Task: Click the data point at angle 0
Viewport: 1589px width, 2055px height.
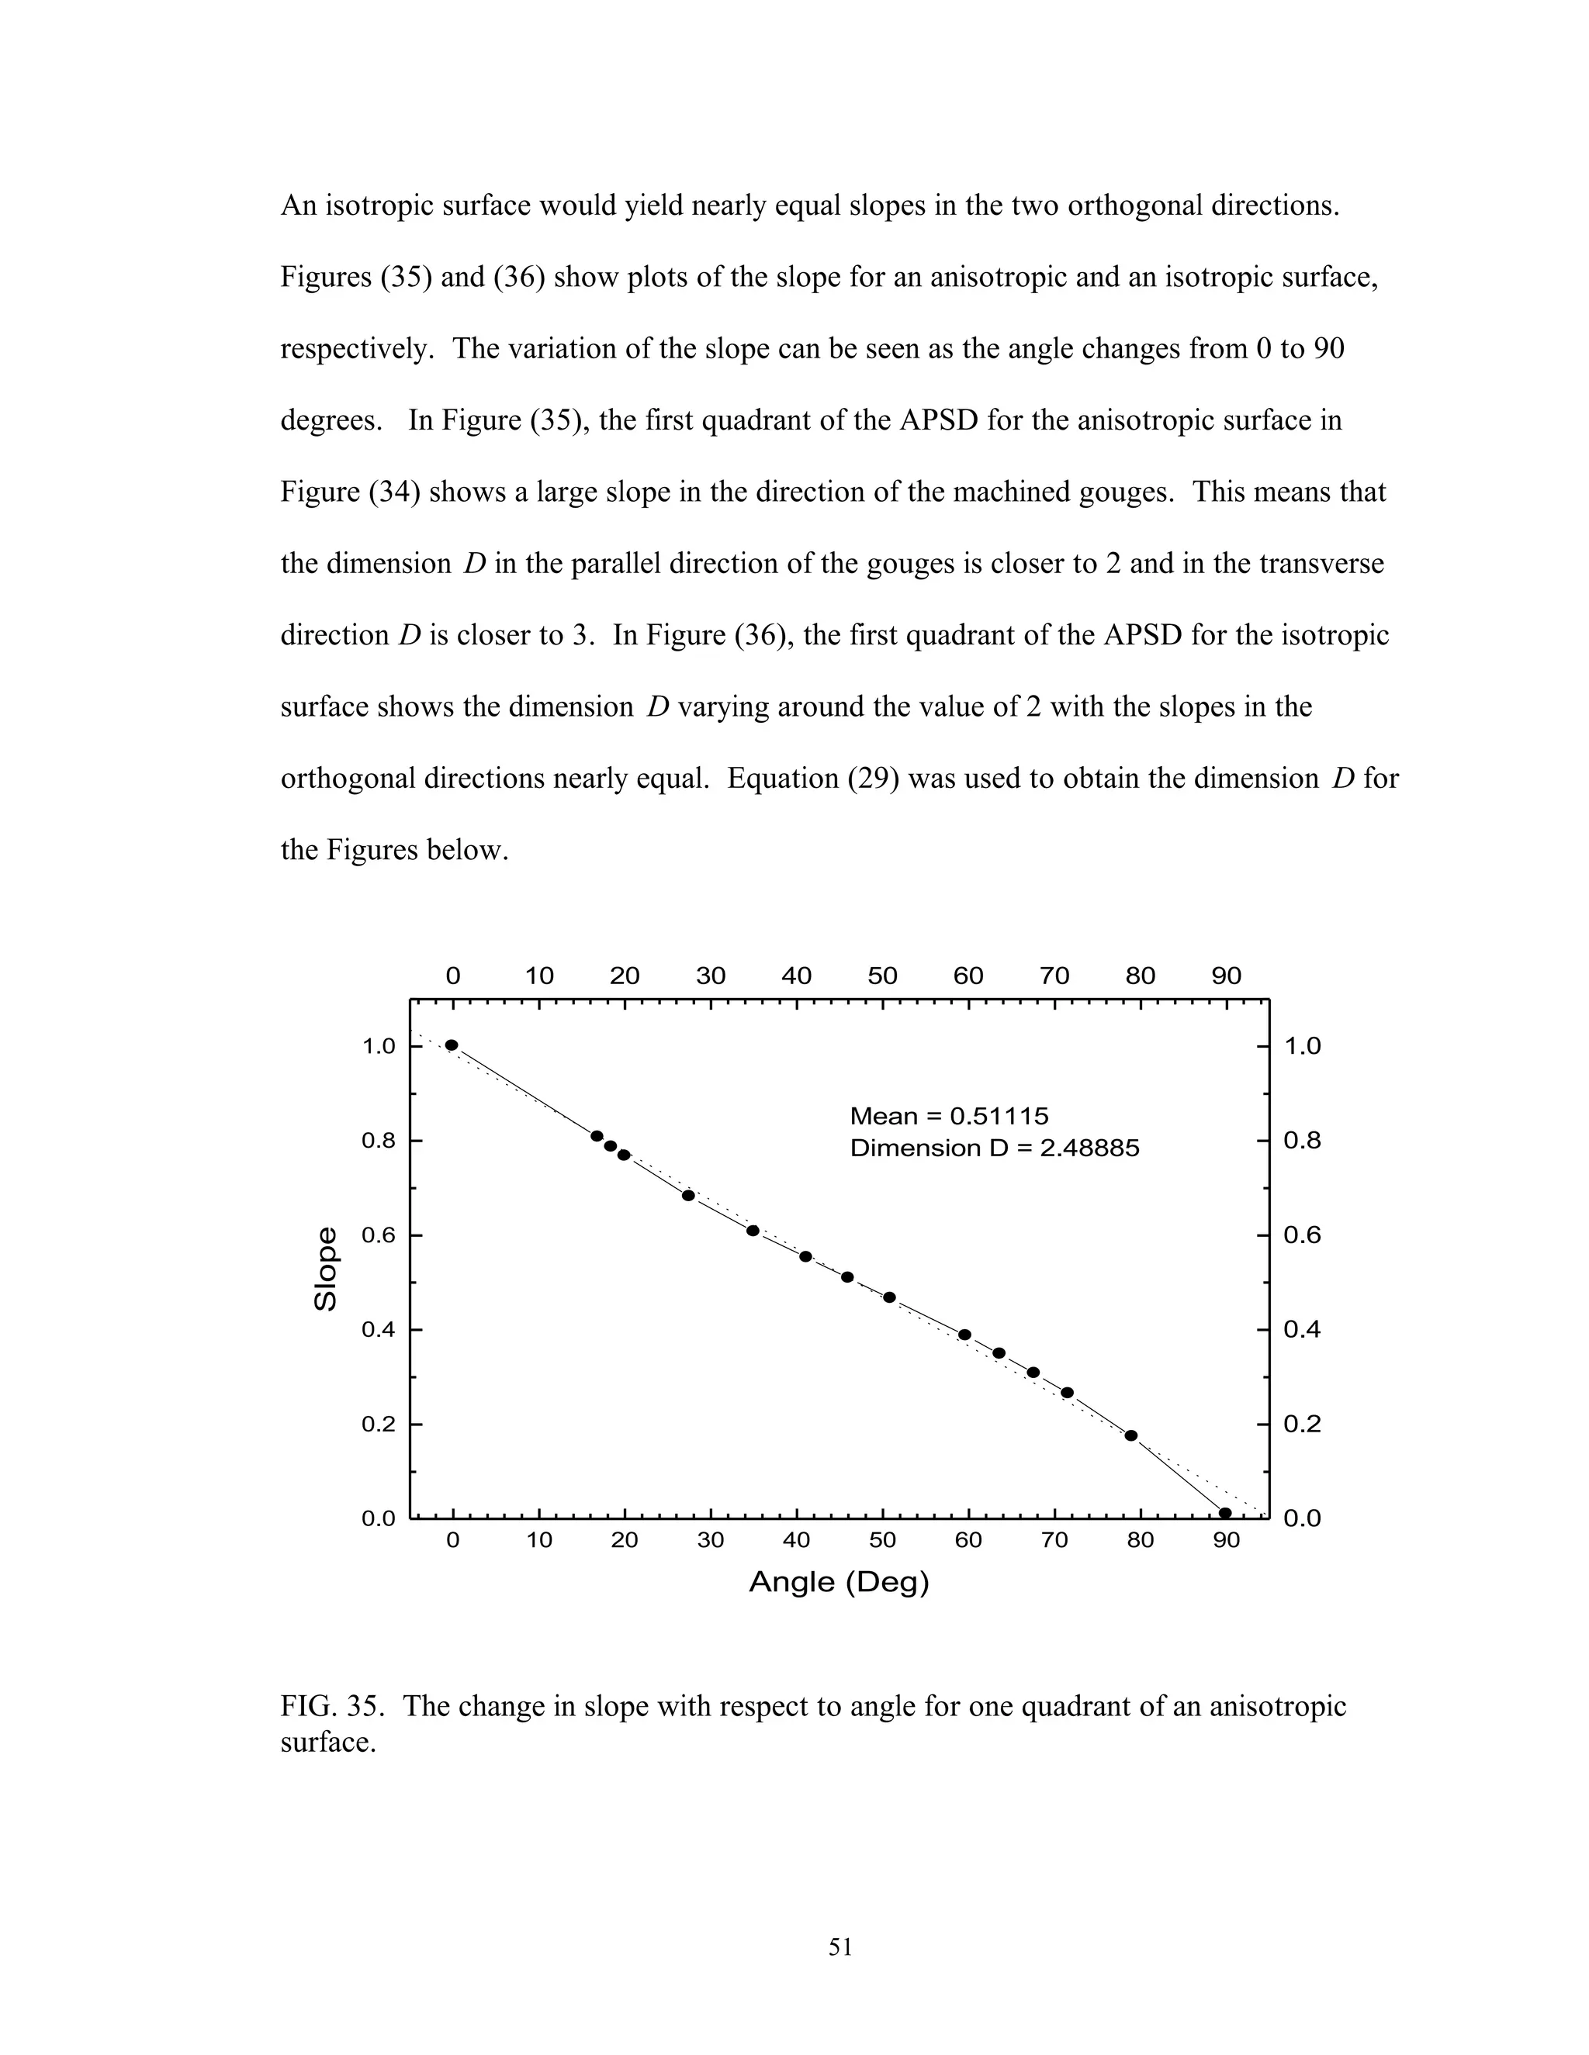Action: point(452,1045)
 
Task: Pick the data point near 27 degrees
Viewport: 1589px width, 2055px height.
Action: point(688,1195)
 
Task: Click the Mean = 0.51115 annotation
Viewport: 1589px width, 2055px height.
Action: point(948,1116)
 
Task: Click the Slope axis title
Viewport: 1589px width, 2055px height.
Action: point(325,1269)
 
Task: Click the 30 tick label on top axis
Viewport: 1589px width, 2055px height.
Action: point(710,976)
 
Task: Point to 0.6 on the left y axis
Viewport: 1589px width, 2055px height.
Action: point(379,1235)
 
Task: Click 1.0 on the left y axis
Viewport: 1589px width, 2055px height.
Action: point(379,1046)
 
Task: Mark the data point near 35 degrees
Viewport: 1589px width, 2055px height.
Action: point(752,1231)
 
